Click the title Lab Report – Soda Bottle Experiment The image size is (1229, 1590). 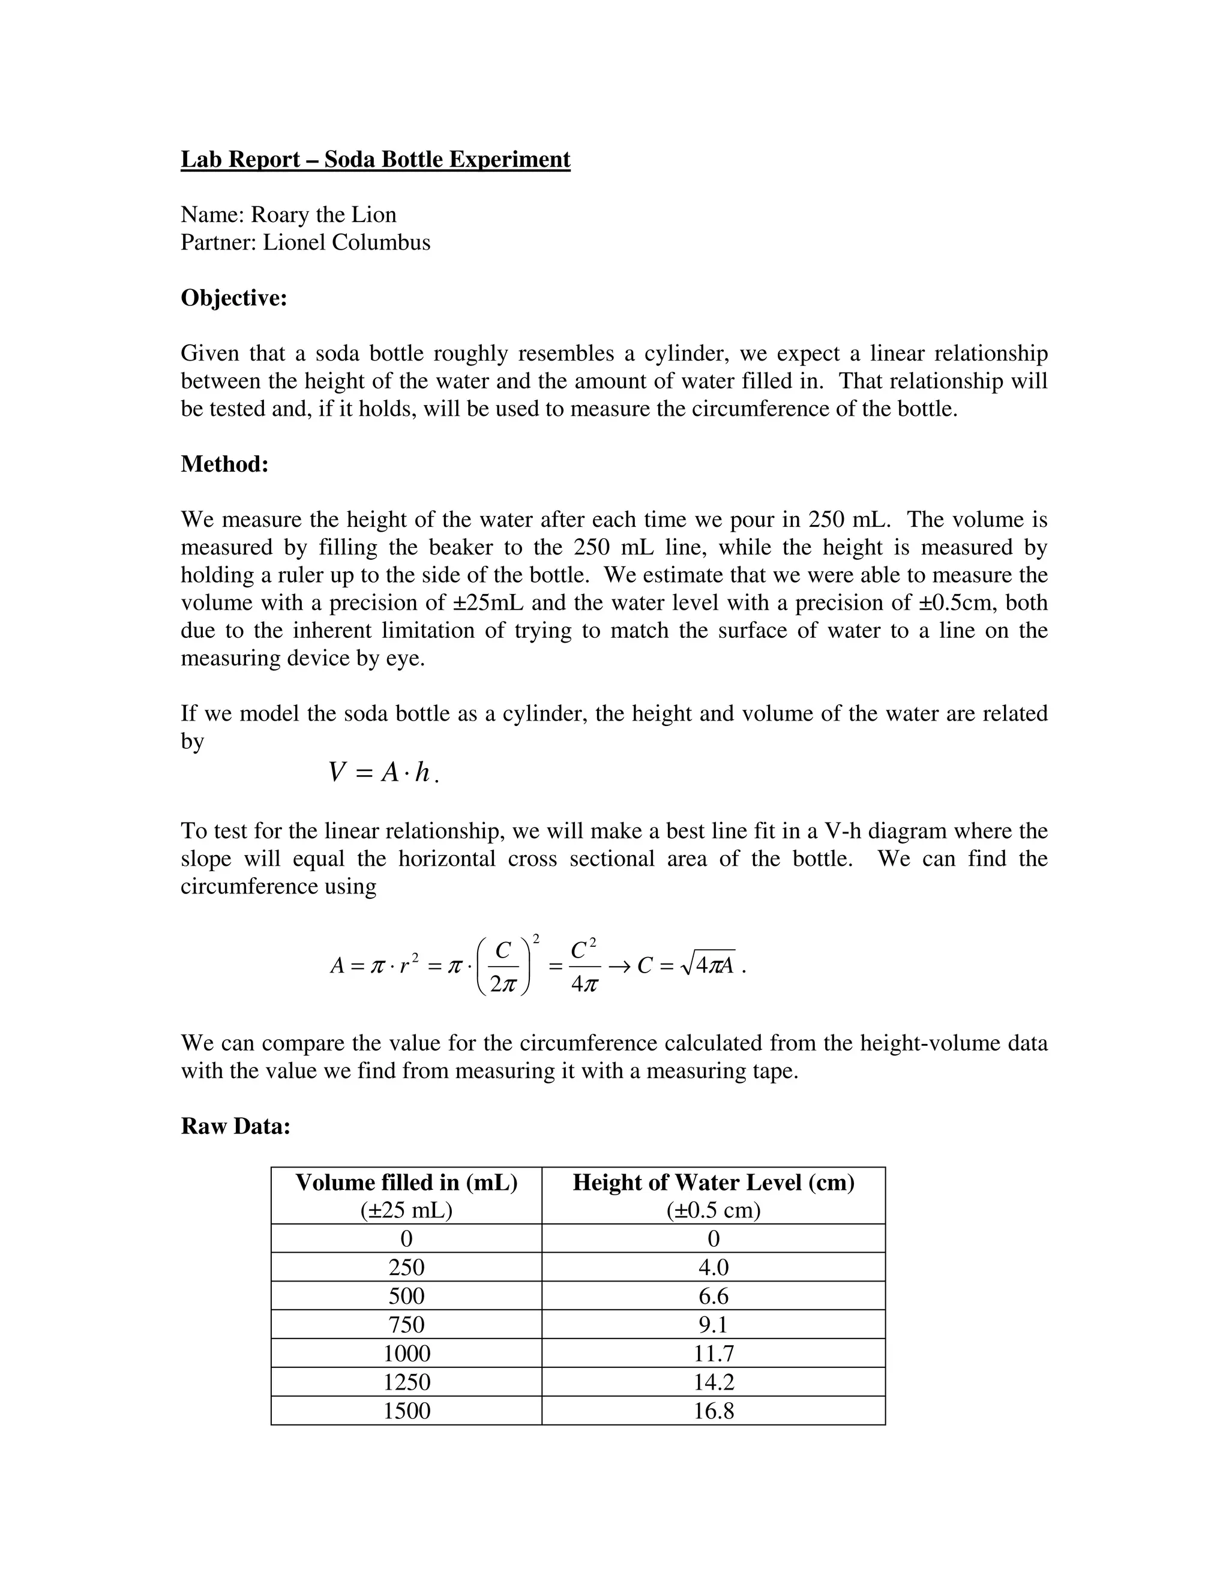coord(375,160)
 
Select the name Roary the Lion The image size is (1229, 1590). coord(323,215)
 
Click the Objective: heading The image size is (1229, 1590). coord(233,298)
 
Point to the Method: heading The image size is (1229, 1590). coord(224,464)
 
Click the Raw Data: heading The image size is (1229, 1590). coord(235,1126)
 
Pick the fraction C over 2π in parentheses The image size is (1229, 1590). coord(502,967)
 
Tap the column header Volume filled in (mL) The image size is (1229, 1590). coord(406,1183)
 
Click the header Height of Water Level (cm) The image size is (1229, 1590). coord(713,1183)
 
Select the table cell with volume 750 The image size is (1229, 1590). coord(406,1324)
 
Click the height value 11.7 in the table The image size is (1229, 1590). coord(713,1354)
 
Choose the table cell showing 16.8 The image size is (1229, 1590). coord(713,1411)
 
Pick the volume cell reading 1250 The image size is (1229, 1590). coord(406,1382)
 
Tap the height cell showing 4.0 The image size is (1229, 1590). coord(713,1267)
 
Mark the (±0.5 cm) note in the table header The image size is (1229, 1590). coord(713,1210)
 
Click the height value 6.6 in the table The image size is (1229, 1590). coord(713,1296)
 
